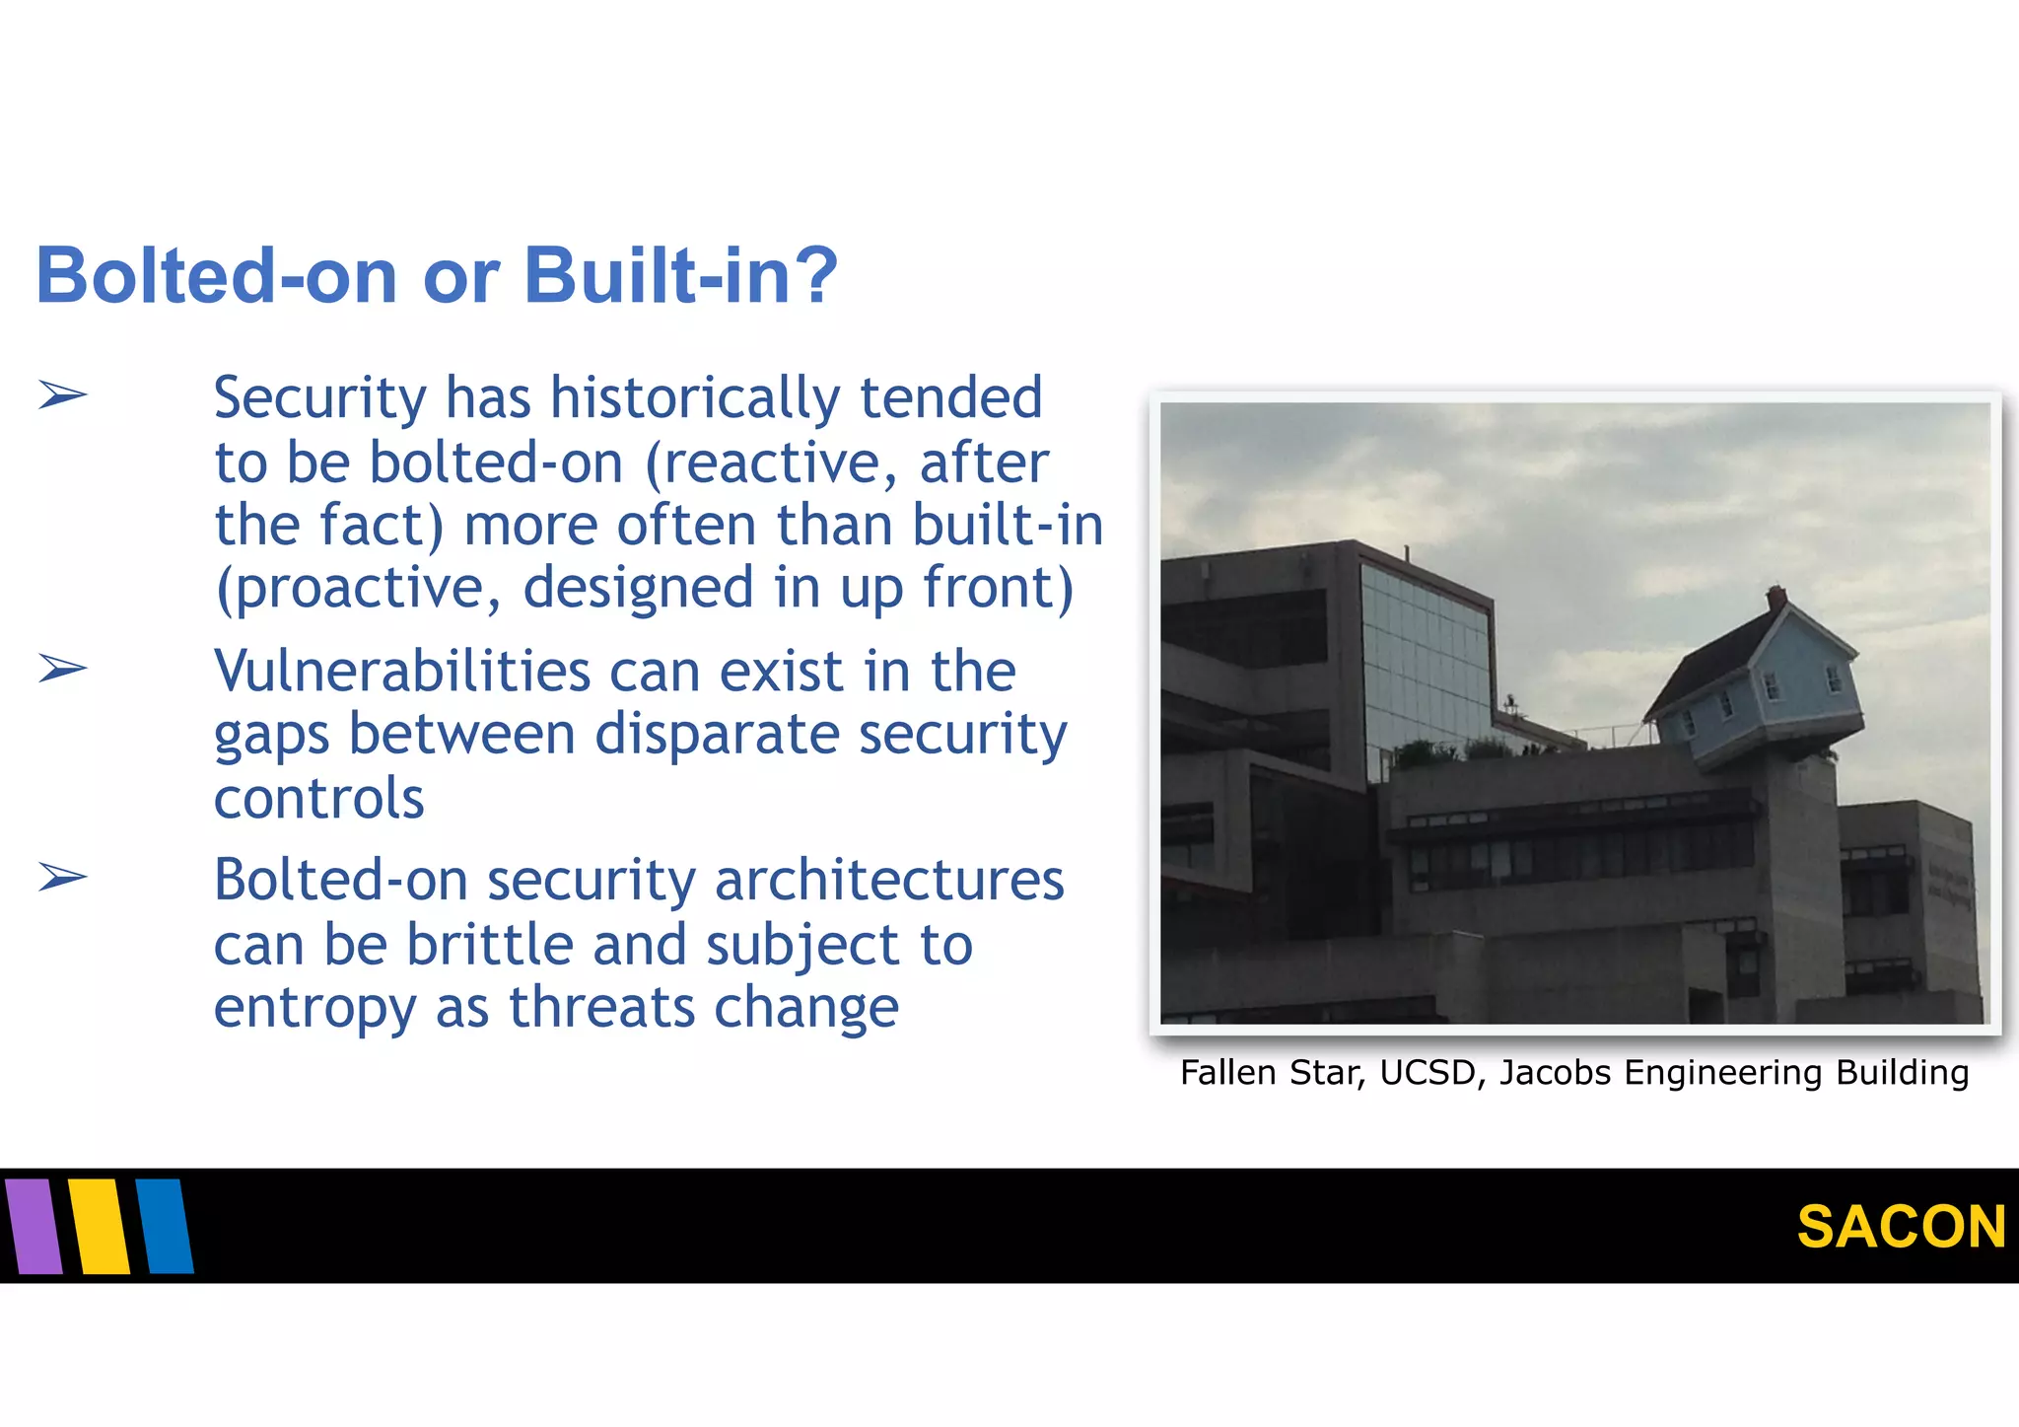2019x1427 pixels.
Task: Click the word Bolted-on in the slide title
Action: coord(216,275)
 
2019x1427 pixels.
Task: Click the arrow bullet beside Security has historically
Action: coord(63,395)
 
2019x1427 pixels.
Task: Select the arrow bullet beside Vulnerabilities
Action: coord(63,669)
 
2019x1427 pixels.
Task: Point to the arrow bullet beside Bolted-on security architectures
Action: coord(63,876)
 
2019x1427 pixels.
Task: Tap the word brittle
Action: coord(490,945)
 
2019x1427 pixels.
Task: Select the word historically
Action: coord(695,397)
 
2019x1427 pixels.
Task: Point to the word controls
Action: coord(318,798)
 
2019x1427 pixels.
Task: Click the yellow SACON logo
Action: coord(1901,1227)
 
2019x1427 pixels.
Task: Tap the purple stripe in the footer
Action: coord(34,1226)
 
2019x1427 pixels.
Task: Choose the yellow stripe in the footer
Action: coord(100,1226)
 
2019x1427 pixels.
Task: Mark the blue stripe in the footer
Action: coord(165,1226)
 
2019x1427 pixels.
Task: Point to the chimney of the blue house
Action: coord(1775,598)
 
